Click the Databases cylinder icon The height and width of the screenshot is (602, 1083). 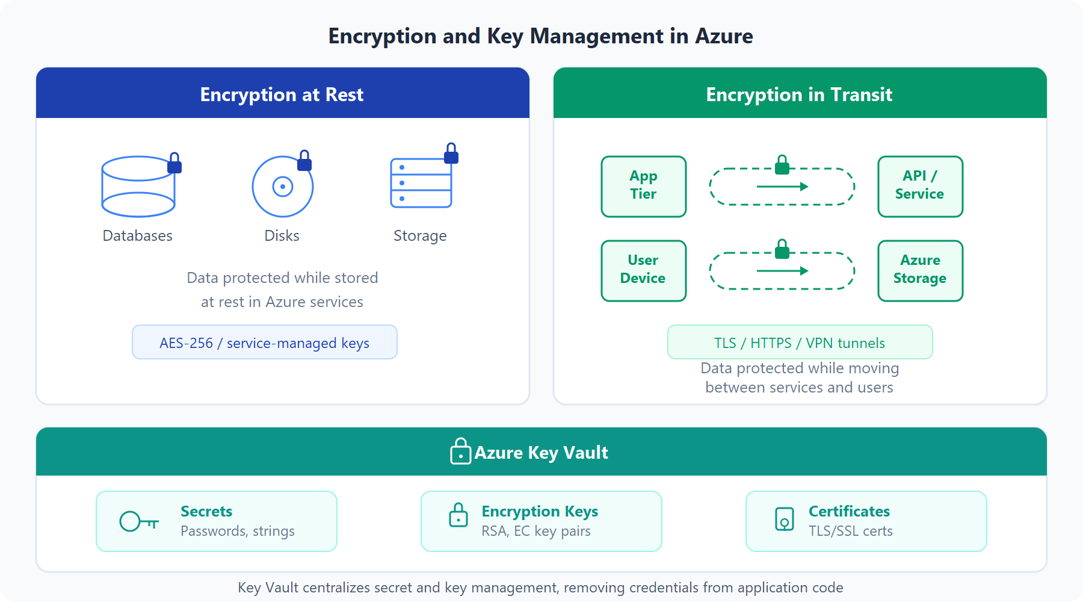pyautogui.click(x=138, y=187)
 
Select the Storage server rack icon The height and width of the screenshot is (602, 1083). pyautogui.click(x=421, y=183)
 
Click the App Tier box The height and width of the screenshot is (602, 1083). pyautogui.click(x=643, y=186)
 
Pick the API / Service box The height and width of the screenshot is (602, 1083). pyautogui.click(x=920, y=186)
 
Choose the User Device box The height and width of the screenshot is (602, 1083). pyautogui.click(x=643, y=270)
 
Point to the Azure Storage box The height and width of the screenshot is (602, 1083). pyautogui.click(x=920, y=270)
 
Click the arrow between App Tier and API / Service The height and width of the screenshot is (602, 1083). pyautogui.click(x=782, y=187)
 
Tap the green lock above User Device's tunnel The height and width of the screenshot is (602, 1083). pyautogui.click(x=782, y=249)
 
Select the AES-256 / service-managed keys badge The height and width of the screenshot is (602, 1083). pyautogui.click(x=265, y=343)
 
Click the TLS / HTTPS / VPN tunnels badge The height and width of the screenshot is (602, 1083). pyautogui.click(x=800, y=343)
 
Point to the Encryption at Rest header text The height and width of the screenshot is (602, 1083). pyautogui.click(x=282, y=95)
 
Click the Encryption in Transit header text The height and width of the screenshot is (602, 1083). pyautogui.click(x=799, y=95)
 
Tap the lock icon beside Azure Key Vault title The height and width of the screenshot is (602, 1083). pyautogui.click(x=460, y=451)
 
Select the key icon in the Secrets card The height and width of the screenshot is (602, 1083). pyautogui.click(x=138, y=521)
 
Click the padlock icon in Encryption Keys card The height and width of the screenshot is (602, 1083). pyautogui.click(x=458, y=516)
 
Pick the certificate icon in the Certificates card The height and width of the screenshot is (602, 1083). pyautogui.click(x=785, y=519)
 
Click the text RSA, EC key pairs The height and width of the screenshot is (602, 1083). pyautogui.click(x=536, y=531)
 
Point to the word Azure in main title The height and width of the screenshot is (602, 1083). pyautogui.click(x=724, y=36)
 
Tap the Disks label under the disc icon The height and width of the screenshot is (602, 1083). pyautogui.click(x=282, y=235)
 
